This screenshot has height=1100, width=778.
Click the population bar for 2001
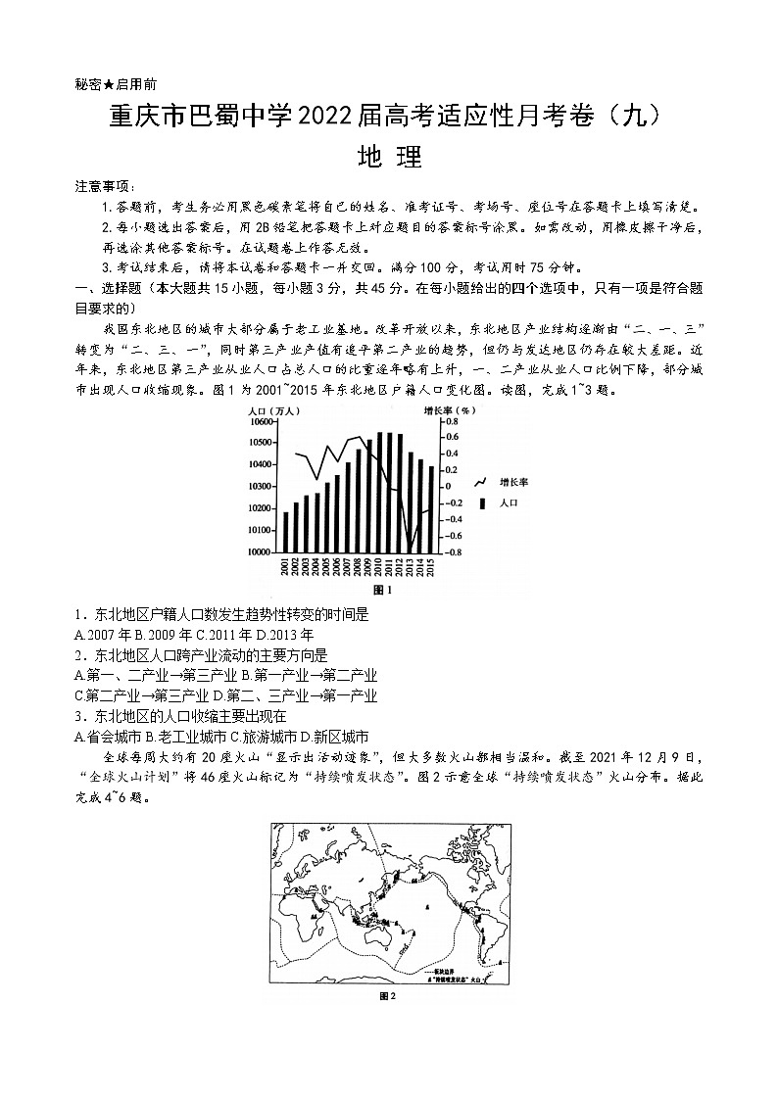pos(286,532)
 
